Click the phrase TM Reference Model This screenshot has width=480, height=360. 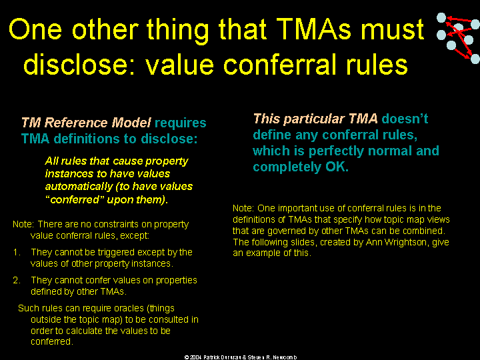pos(86,123)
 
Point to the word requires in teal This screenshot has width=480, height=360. pos(180,123)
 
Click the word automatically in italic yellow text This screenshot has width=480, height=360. pos(79,187)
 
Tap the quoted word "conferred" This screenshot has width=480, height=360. pos(75,199)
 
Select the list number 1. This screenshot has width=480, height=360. pos(17,252)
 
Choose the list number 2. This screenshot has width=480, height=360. pos(17,281)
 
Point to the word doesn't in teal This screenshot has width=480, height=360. pos(405,119)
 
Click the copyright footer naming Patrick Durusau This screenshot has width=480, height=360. pos(241,357)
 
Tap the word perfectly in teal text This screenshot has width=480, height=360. pos(336,151)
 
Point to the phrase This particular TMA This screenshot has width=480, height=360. pos(315,119)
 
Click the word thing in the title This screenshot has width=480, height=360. pos(177,30)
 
